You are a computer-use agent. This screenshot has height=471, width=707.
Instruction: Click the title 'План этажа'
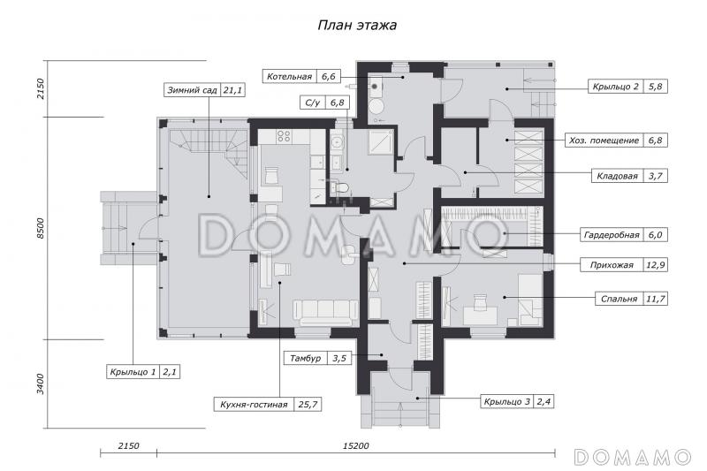pos(357,25)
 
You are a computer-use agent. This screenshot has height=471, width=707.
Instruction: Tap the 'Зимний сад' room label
pos(192,90)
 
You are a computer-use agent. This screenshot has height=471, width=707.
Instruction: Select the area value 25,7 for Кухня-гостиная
pos(308,405)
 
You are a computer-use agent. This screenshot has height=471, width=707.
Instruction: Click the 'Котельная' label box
pos(290,76)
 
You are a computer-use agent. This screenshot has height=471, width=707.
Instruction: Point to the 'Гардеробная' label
pos(612,235)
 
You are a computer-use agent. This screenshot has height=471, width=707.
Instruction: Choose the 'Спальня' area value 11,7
pos(655,299)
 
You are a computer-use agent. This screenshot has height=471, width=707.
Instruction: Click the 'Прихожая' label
pos(612,265)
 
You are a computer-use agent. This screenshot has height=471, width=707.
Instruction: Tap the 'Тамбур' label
pos(305,358)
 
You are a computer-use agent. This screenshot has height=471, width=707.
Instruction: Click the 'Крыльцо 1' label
pos(133,372)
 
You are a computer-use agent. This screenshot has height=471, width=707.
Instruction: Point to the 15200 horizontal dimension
pos(356,445)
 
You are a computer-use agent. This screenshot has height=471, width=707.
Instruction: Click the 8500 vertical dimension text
pos(41,228)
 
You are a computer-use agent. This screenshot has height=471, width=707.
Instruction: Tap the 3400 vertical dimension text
pos(41,384)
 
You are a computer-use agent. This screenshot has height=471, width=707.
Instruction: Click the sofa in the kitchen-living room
pos(326,312)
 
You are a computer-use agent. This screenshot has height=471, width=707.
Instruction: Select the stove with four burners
pos(284,137)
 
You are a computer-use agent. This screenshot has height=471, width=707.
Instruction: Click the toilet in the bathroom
pos(340,186)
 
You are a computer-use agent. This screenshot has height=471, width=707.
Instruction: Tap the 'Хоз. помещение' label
pos(604,141)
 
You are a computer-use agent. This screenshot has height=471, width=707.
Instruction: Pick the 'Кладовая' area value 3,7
pos(655,176)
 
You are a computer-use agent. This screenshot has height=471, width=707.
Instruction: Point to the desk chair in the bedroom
pos(481,300)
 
